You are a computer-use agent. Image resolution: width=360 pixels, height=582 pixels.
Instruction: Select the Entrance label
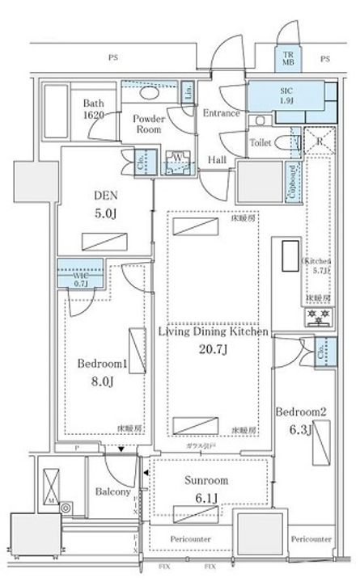tap(221, 113)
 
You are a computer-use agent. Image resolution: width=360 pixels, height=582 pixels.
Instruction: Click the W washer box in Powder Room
tap(175, 158)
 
